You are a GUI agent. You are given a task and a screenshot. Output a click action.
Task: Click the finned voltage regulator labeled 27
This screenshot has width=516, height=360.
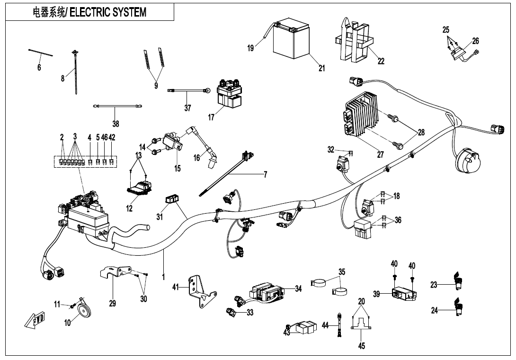(x=362, y=116)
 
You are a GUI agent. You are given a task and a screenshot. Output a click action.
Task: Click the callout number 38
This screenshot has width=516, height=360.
(x=116, y=124)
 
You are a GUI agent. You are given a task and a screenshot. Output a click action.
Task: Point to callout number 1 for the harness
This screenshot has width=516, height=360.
(x=163, y=277)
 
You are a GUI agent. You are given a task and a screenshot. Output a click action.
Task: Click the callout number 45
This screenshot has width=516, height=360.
(x=362, y=346)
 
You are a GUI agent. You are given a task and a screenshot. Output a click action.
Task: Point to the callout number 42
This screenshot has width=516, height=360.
(x=112, y=137)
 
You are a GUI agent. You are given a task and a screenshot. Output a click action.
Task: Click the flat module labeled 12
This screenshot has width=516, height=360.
(x=138, y=188)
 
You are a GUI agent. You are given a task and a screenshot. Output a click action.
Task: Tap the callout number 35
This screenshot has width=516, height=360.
(x=342, y=272)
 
